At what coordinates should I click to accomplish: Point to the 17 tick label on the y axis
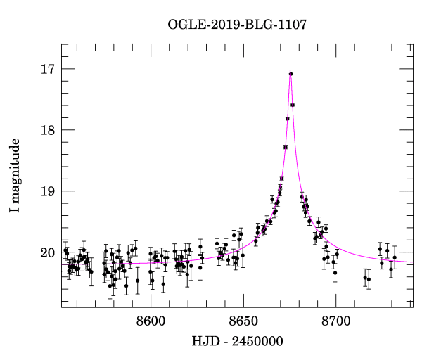click(x=49, y=69)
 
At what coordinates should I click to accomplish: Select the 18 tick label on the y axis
click(x=49, y=130)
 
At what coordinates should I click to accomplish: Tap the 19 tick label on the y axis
click(x=49, y=191)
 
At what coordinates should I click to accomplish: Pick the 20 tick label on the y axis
click(x=49, y=252)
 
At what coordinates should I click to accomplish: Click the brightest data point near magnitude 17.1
click(x=291, y=74)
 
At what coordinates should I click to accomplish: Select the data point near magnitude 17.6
click(x=293, y=105)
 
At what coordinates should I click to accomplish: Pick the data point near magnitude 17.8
click(x=288, y=119)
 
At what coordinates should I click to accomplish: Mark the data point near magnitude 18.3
click(x=286, y=147)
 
